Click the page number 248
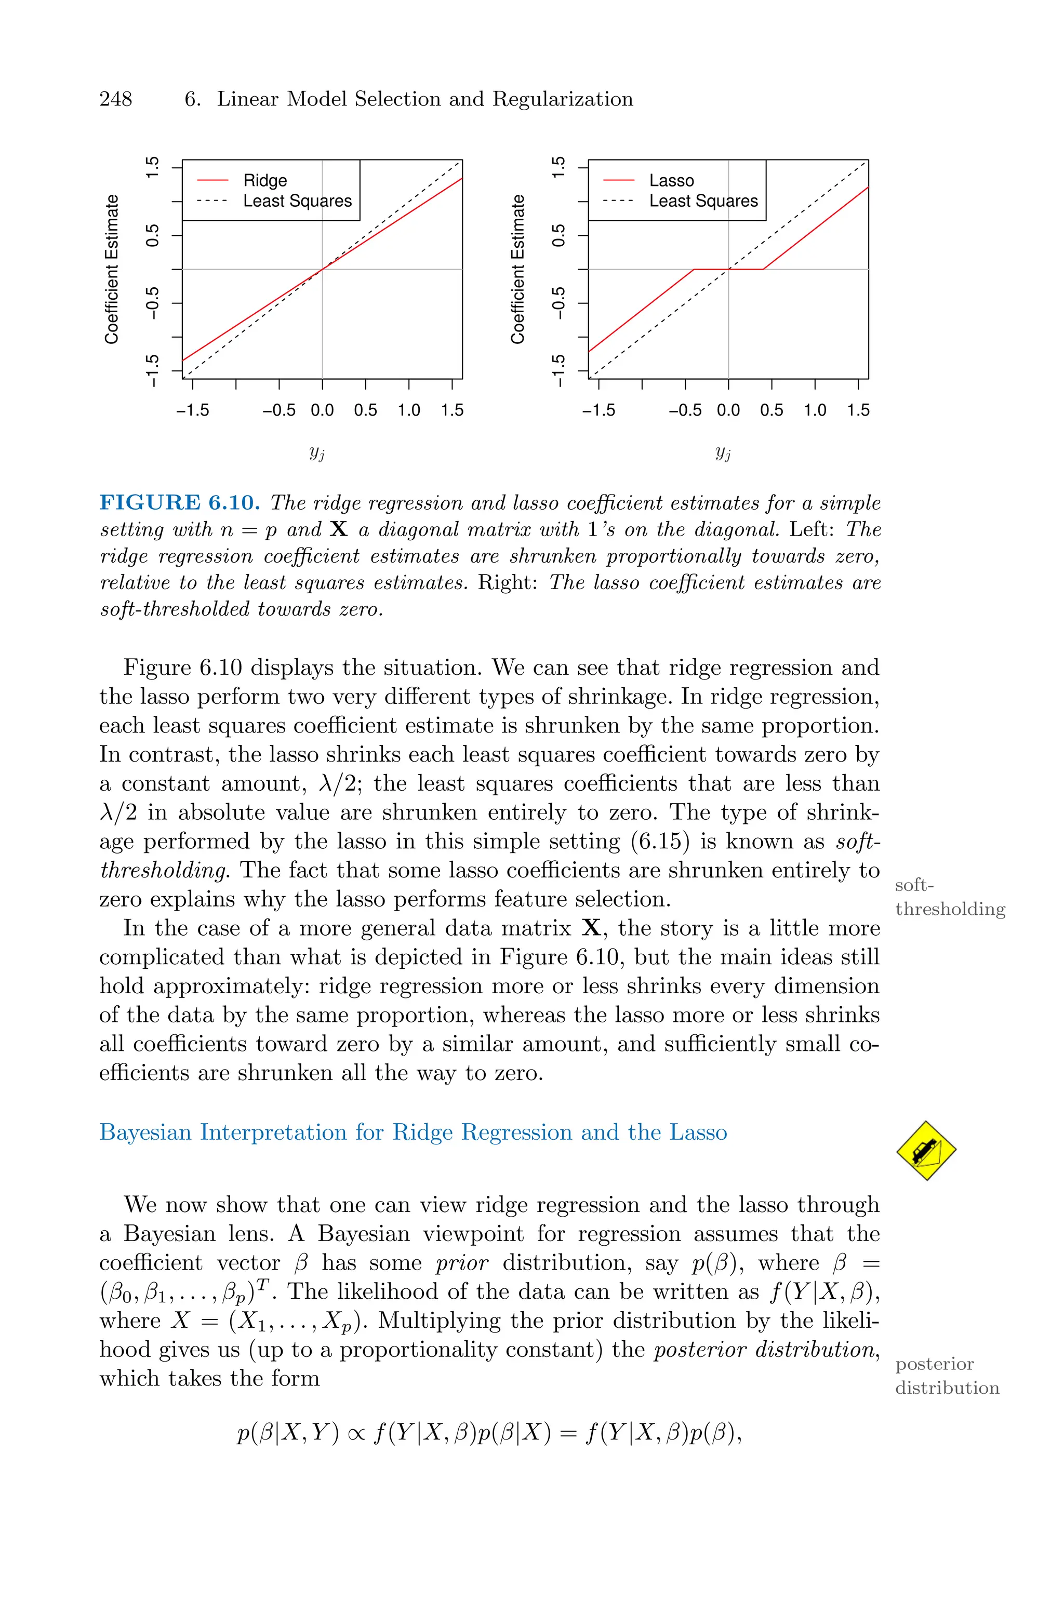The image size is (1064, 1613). click(116, 99)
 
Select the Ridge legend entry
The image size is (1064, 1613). click(264, 180)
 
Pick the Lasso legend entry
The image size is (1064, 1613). click(671, 180)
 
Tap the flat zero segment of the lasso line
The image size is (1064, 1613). click(728, 269)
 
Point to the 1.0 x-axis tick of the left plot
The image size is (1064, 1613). click(408, 410)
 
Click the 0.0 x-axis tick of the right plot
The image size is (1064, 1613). click(728, 410)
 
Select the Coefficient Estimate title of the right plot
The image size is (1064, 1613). click(518, 269)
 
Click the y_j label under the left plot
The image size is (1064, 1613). click(317, 452)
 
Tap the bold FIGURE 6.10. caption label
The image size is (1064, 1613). click(180, 503)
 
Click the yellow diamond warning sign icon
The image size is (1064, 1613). click(926, 1150)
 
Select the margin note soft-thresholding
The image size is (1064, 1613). click(949, 897)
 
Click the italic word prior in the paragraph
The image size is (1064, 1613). click(461, 1263)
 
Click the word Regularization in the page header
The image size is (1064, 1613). click(563, 99)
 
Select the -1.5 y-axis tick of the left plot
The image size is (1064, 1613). click(153, 370)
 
